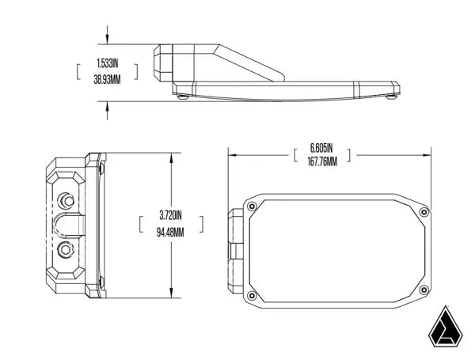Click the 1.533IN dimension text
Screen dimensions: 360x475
pyautogui.click(x=107, y=63)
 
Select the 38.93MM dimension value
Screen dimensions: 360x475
pyautogui.click(x=107, y=79)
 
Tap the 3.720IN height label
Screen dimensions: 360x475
pyautogui.click(x=170, y=214)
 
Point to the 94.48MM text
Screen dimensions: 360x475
pyautogui.click(x=170, y=232)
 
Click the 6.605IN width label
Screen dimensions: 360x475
pyautogui.click(x=321, y=148)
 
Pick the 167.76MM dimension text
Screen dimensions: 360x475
pyautogui.click(x=321, y=161)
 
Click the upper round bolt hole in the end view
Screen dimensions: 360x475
pyautogui.click(x=66, y=195)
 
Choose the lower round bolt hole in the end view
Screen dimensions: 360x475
pyautogui.click(x=66, y=252)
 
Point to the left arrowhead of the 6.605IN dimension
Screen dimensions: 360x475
pyautogui.click(x=231, y=154)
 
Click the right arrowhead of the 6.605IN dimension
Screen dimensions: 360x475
pyautogui.click(x=428, y=154)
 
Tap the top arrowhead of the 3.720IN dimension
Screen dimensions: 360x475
pyautogui.click(x=170, y=156)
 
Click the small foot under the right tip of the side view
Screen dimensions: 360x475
pyautogui.click(x=390, y=97)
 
